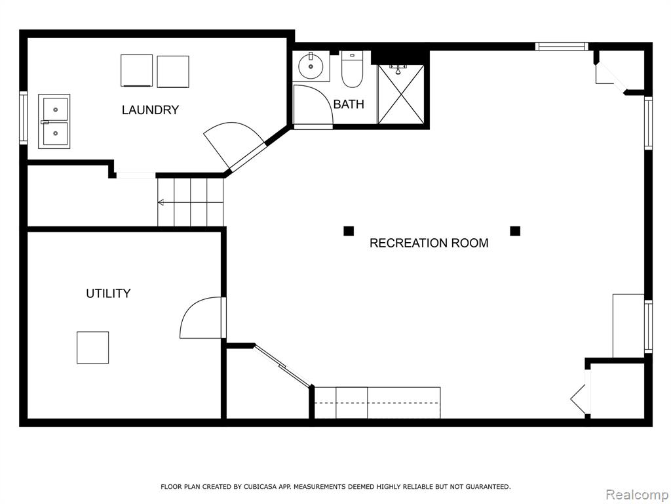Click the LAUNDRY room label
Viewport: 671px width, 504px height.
click(150, 110)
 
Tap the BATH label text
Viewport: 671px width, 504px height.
click(349, 104)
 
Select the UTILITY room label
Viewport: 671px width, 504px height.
click(108, 293)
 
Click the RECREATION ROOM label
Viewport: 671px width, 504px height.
click(429, 243)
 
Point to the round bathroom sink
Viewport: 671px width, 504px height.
click(311, 66)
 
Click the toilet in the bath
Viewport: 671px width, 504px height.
click(352, 69)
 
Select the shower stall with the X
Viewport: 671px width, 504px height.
click(401, 94)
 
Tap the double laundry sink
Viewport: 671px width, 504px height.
click(54, 121)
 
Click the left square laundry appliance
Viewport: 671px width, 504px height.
click(136, 71)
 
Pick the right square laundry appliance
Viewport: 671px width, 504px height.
click(173, 72)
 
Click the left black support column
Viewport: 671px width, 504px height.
click(349, 231)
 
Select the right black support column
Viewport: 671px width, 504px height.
click(515, 231)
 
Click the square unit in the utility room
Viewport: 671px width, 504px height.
click(93, 348)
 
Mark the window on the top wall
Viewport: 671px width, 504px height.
click(562, 47)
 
